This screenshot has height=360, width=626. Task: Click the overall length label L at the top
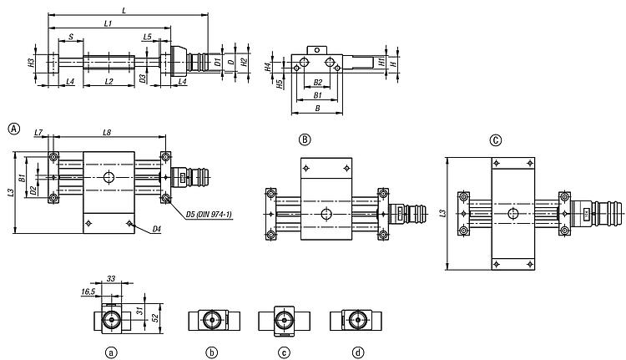[124, 10]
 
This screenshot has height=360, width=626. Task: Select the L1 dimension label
[108, 23]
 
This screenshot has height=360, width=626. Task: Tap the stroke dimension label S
[71, 37]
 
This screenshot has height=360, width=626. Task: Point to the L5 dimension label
[147, 37]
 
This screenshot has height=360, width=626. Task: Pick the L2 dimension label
[109, 82]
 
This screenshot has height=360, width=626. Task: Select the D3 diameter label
[143, 79]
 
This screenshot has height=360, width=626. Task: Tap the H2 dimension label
[245, 62]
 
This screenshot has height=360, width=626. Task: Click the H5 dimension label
[280, 84]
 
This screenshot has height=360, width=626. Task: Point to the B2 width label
[317, 83]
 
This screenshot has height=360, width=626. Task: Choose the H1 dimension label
[381, 62]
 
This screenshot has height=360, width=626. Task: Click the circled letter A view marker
[14, 129]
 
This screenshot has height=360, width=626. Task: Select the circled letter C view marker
[496, 140]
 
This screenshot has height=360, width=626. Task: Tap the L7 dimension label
[38, 132]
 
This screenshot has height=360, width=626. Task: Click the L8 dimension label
[107, 132]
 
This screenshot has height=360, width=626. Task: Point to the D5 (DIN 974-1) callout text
[209, 215]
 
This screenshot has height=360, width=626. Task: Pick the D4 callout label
[157, 229]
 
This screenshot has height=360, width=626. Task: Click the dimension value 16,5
[88, 292]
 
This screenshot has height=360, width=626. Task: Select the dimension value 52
[156, 318]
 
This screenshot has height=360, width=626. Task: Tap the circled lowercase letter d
[358, 352]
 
